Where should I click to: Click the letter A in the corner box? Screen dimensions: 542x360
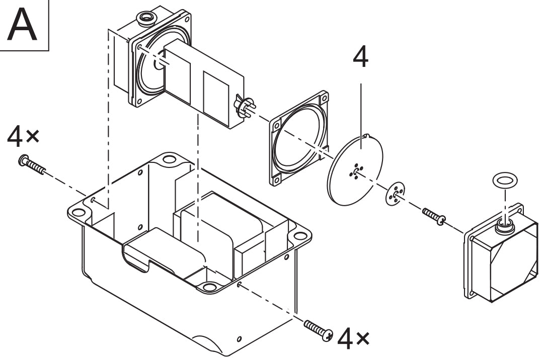tap(22, 25)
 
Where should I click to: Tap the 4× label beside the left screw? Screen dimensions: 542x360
tap(23, 136)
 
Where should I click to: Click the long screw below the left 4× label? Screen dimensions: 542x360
tap(32, 165)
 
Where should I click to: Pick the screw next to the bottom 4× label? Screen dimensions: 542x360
tap(319, 330)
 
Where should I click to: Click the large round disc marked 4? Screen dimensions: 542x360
tap(355, 169)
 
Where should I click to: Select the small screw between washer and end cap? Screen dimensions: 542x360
tap(434, 216)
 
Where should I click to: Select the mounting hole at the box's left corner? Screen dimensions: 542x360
tap(78, 212)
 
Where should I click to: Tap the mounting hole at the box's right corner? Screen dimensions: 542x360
tap(300, 236)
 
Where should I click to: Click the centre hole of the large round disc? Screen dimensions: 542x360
tap(356, 170)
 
